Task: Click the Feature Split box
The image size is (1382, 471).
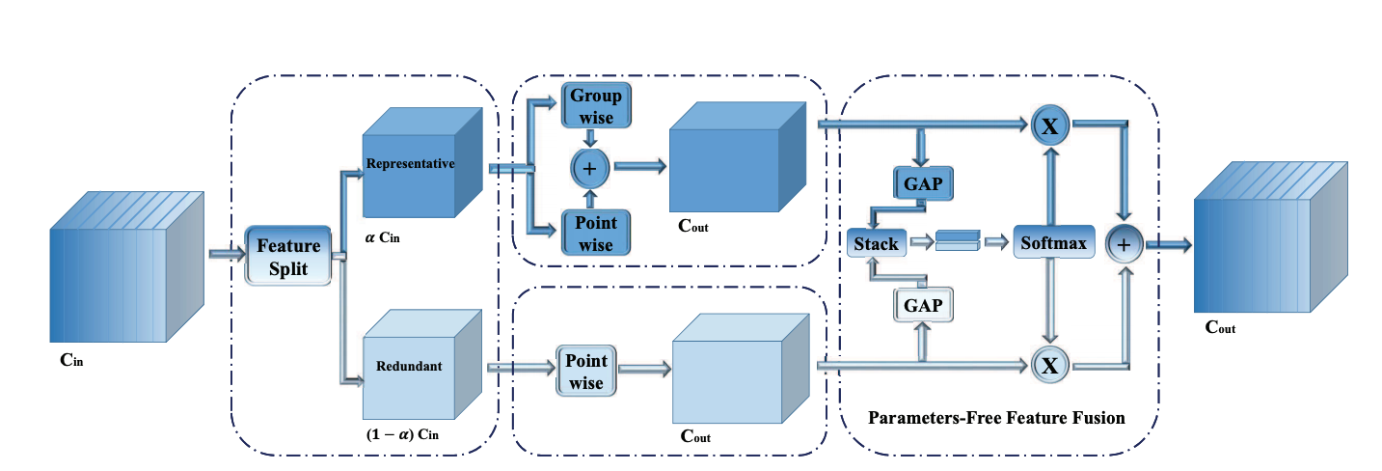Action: pos(288,256)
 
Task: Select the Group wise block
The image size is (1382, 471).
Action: pos(595,107)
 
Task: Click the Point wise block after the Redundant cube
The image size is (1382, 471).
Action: pos(585,372)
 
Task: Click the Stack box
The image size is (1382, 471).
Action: pos(876,243)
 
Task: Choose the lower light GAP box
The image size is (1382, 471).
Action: pos(924,306)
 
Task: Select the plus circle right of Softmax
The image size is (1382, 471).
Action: pos(1123,244)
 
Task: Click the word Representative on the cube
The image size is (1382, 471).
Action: pos(410,163)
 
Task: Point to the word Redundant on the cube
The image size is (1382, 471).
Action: pos(410,367)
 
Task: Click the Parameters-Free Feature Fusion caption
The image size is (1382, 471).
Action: pos(996,419)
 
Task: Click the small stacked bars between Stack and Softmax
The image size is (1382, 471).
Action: pos(956,239)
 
